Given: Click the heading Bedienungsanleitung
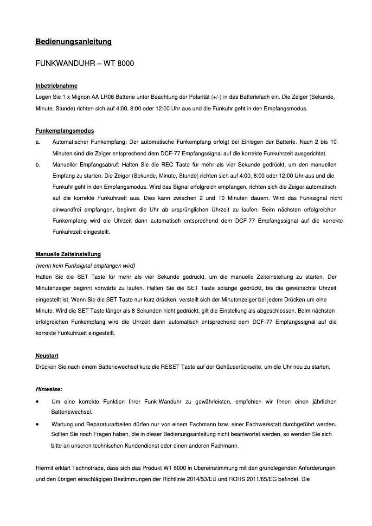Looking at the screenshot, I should coord(73,42).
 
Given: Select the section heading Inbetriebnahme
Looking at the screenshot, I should coord(56,86).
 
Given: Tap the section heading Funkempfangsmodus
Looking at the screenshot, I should coord(64,131).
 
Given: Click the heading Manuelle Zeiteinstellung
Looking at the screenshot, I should coord(68,254).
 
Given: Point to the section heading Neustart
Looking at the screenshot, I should coord(47,355).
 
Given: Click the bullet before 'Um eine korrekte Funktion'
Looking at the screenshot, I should coord(38,401).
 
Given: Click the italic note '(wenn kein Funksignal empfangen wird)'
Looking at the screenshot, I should coord(85,266).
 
